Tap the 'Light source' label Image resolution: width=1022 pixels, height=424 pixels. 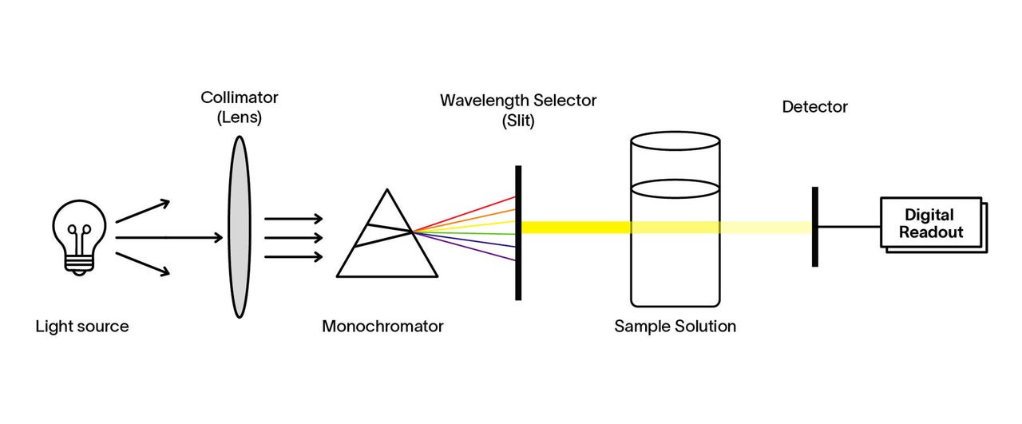81,327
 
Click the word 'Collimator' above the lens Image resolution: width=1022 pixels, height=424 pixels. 240,97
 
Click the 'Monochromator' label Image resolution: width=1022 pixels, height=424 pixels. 382,327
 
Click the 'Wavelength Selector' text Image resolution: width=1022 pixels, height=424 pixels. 518,101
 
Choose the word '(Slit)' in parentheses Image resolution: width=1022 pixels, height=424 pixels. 518,122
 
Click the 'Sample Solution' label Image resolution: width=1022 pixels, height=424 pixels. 675,327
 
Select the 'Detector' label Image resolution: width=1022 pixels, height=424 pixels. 814,107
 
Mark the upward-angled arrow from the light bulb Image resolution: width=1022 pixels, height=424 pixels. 144,211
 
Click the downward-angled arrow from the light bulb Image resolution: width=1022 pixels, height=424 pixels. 144,264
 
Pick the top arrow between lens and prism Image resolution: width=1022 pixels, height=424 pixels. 294,218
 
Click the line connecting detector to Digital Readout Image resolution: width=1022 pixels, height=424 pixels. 848,227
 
